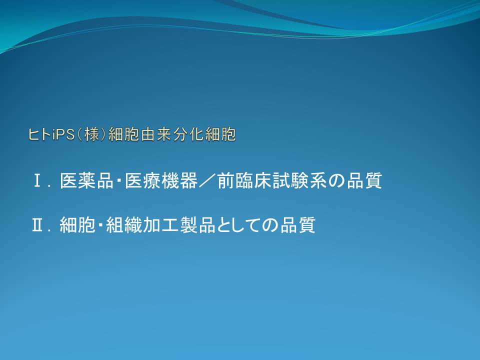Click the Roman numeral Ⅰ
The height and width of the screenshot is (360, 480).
38,180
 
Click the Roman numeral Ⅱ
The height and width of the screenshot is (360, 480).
37,225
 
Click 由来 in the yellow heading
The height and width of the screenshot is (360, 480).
156,134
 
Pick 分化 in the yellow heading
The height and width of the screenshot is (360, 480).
188,134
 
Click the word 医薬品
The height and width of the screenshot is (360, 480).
86,180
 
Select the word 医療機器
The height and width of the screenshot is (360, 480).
161,180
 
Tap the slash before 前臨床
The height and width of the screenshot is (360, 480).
207,180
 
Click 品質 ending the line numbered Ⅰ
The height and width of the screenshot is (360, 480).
364,180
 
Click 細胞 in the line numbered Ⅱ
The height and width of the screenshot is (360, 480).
77,225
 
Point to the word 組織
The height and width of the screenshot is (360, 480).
123,225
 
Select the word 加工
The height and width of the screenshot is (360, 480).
160,225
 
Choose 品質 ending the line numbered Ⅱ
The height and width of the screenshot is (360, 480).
298,225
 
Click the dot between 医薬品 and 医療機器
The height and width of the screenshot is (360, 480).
119,180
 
